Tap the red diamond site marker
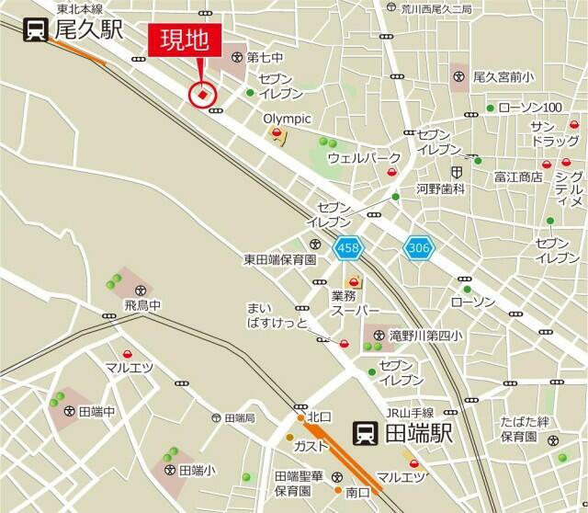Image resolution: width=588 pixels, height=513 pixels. click(201, 93)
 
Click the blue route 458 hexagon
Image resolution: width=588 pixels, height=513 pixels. click(349, 247)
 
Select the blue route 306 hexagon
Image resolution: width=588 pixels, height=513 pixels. click(417, 247)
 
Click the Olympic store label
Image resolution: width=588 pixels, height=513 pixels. click(288, 119)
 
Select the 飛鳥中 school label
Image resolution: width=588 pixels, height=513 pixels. click(142, 303)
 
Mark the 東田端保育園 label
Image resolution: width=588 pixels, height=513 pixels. click(279, 259)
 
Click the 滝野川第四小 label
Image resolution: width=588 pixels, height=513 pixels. click(427, 336)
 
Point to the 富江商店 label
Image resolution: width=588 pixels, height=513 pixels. click(518, 176)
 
